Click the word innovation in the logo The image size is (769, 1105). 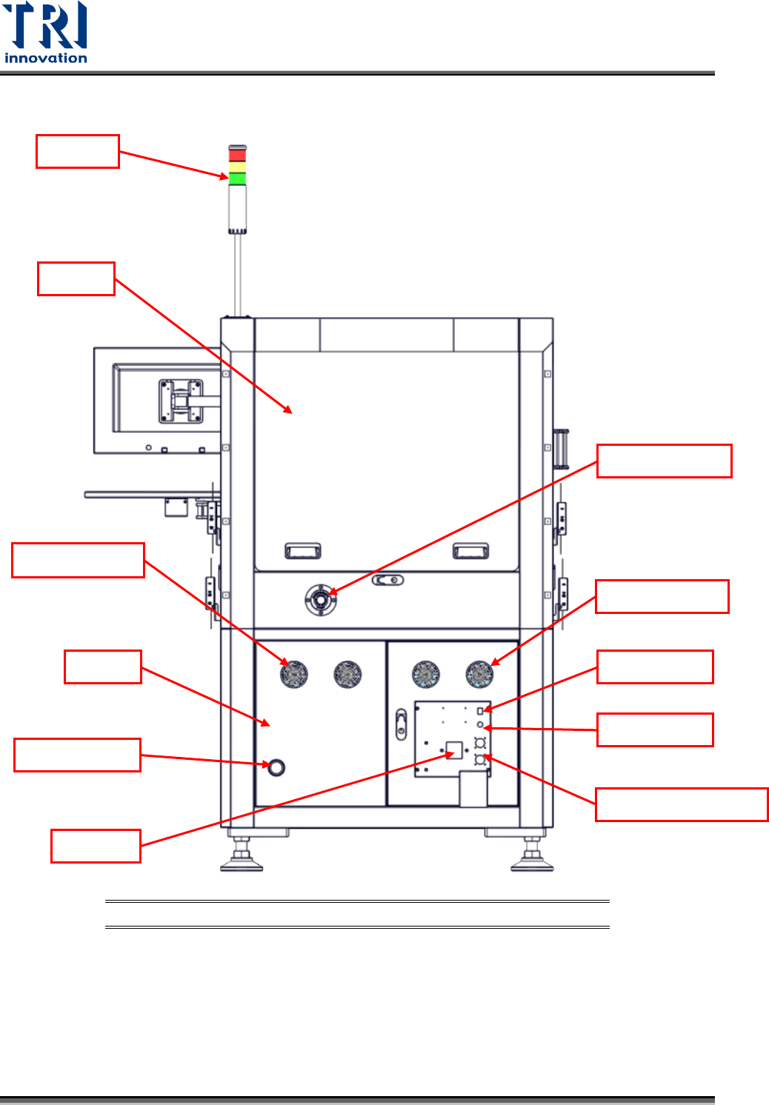point(46,58)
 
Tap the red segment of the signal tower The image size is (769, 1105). point(237,155)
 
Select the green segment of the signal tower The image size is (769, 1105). point(237,178)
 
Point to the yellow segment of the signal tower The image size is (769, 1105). point(237,167)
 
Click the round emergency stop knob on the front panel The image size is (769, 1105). point(320,600)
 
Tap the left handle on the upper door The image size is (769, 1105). point(303,550)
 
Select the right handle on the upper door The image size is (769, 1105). point(470,550)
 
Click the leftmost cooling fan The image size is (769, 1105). point(294,674)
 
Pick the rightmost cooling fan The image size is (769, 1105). point(479,674)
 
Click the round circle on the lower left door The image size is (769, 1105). point(276,767)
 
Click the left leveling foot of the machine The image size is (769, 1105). point(242,859)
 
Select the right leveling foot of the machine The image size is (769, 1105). point(532,859)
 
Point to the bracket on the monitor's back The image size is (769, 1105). point(181,401)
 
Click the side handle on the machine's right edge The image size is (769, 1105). point(562,449)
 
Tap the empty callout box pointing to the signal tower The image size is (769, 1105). point(78,151)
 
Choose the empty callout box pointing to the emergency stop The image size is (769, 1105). point(664,461)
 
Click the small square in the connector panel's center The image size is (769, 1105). point(454,750)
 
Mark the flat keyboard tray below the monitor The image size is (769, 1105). point(148,494)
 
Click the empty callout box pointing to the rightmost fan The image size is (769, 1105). point(662,596)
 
